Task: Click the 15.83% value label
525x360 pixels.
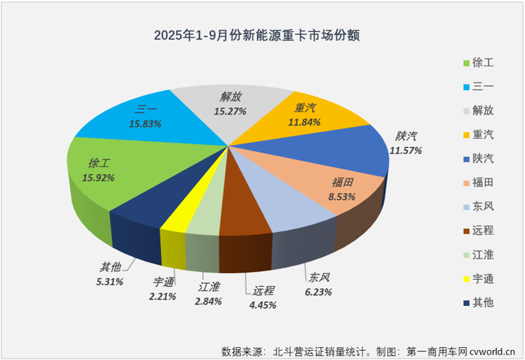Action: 144,123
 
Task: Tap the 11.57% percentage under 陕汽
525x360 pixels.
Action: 406,150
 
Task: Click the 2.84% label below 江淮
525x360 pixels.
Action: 208,301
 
